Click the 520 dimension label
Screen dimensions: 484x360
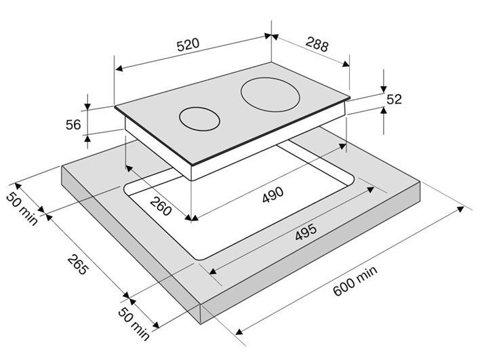[x=188, y=44]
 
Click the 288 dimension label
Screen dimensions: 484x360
[x=317, y=44]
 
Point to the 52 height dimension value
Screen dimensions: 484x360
[x=394, y=99]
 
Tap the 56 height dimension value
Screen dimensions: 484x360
[x=73, y=125]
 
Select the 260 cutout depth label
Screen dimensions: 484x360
[x=161, y=205]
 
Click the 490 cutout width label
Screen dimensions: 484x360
[x=273, y=195]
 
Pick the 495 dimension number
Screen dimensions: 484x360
[x=306, y=232]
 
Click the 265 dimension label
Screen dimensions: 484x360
[x=78, y=264]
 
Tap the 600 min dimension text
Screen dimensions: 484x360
[x=355, y=281]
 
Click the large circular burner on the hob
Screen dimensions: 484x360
[x=270, y=94]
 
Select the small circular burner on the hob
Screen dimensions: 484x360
[x=199, y=119]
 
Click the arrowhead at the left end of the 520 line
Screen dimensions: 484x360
[x=119, y=68]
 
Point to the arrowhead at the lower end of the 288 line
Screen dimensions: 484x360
[x=346, y=64]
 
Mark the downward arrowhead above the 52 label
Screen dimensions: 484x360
[x=384, y=89]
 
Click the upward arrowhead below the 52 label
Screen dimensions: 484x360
[x=384, y=111]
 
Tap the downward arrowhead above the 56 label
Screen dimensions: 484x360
[x=87, y=106]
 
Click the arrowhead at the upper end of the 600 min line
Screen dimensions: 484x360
[x=460, y=209]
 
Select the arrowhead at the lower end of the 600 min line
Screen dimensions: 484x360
[x=239, y=332]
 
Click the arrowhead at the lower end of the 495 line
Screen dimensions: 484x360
[x=213, y=271]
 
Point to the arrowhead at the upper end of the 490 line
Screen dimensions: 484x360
[x=342, y=146]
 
